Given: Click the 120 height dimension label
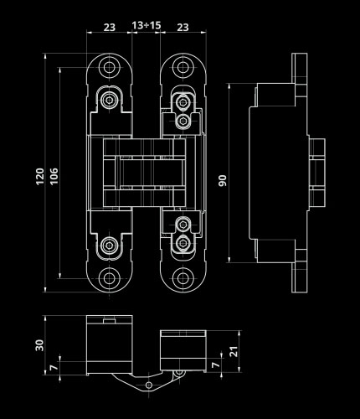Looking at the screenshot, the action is [x=40, y=176].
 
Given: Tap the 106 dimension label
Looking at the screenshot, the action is [x=54, y=176].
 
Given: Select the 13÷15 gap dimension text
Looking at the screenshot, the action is [x=147, y=25].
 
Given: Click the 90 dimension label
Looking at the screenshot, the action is [x=223, y=180].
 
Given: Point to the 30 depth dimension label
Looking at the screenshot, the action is [x=39, y=345].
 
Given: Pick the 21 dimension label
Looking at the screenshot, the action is [x=234, y=351].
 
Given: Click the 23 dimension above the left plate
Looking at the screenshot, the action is [x=110, y=28].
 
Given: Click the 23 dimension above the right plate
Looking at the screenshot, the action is [x=183, y=28].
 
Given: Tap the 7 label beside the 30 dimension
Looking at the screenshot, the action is [x=54, y=367].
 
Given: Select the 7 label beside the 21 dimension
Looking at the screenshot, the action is [x=215, y=365].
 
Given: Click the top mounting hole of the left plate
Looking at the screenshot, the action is [x=109, y=67].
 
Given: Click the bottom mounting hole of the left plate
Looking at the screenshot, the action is [x=109, y=278].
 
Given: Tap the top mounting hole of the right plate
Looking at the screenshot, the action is [x=183, y=67].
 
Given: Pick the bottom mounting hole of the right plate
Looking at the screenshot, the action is [x=183, y=278].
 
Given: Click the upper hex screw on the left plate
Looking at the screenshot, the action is [x=109, y=99].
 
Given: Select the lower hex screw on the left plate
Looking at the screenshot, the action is [x=109, y=245].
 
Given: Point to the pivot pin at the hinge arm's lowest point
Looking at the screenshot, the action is [x=149, y=385].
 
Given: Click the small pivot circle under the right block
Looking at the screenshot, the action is [x=178, y=372].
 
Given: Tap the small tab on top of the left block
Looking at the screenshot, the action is [x=109, y=321].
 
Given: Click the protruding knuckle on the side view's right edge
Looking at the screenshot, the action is [x=317, y=173].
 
